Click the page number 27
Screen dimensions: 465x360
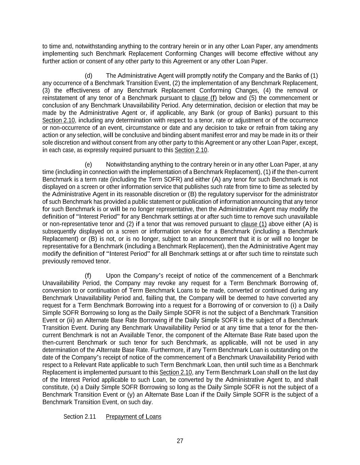180,441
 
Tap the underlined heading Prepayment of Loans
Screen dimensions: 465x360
134,417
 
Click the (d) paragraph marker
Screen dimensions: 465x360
88,75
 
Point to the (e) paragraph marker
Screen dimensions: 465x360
88,165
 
